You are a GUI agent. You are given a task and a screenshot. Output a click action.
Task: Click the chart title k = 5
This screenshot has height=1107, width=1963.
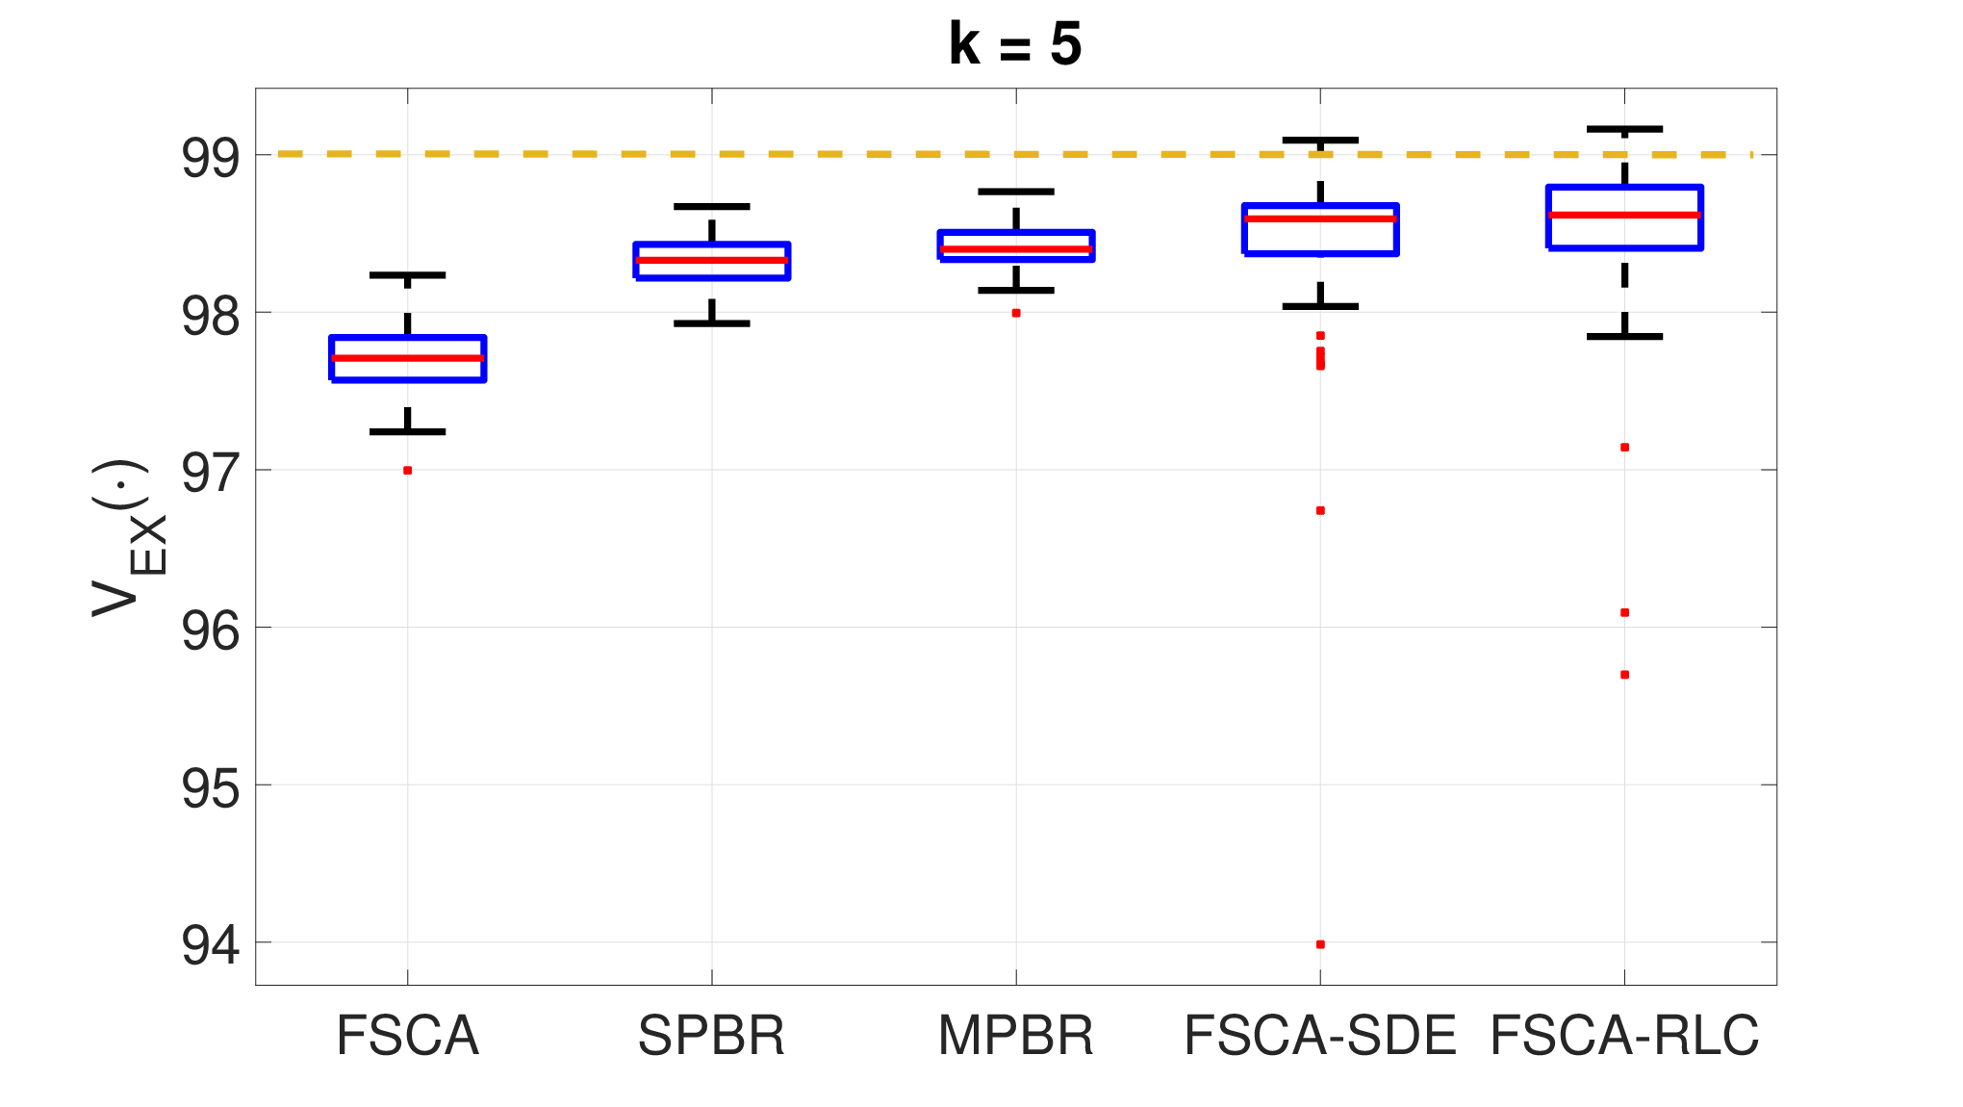(1015, 44)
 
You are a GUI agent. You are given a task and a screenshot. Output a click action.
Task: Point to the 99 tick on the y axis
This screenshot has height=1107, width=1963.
(210, 157)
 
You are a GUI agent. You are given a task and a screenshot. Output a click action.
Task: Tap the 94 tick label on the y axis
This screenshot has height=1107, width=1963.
(210, 944)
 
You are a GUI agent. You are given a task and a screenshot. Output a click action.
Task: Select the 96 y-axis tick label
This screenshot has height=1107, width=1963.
(210, 630)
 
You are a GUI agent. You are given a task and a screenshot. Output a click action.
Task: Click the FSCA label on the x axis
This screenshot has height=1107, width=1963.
(407, 1036)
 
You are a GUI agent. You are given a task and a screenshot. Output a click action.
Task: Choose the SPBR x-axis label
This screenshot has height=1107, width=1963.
(711, 1036)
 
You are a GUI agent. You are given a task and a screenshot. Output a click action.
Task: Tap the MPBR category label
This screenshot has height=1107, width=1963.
(1016, 1036)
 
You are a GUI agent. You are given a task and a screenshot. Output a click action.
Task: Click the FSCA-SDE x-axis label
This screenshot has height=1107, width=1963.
(1320, 1036)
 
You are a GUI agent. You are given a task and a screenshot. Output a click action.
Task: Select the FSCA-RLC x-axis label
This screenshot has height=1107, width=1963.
(1624, 1036)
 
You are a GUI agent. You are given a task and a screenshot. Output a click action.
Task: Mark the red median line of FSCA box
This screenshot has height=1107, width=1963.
(408, 358)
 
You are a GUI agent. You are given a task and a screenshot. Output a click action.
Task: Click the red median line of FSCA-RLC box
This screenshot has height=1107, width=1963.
(1625, 215)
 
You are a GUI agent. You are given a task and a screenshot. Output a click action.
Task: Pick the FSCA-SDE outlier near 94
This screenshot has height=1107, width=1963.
(1320, 944)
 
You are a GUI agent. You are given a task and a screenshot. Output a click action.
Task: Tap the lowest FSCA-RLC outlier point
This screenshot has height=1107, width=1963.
(1624, 675)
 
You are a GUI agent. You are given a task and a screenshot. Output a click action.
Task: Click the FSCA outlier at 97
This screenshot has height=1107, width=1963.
(408, 471)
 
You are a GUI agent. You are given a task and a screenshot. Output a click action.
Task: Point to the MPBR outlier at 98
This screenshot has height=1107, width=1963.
(1016, 313)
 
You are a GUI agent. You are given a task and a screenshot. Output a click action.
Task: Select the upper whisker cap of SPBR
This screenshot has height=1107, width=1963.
(712, 206)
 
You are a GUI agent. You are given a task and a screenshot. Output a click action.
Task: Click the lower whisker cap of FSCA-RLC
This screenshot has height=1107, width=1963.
(1625, 336)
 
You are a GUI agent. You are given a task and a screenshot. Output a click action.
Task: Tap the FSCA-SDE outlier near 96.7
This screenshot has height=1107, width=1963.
(1320, 510)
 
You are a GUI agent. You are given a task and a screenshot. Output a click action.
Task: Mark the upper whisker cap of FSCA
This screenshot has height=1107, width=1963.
(408, 275)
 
